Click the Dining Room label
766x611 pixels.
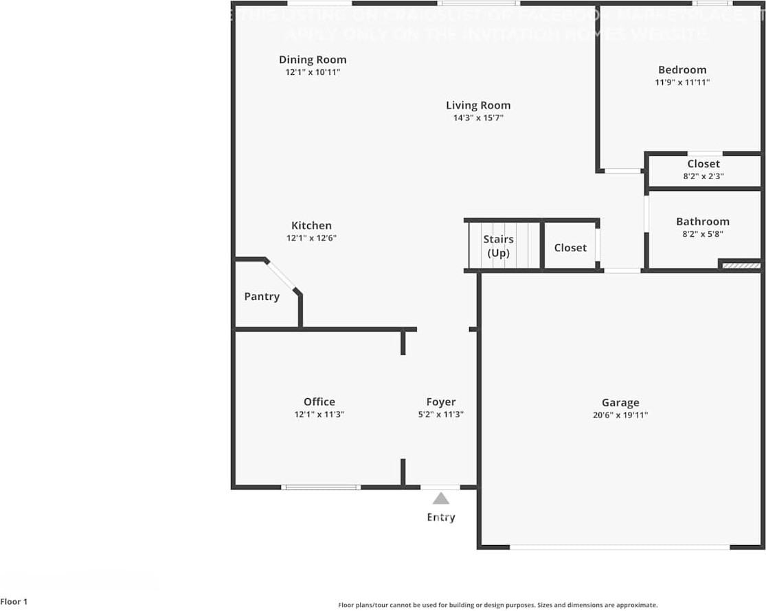[313, 60]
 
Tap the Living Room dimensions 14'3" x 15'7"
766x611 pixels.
[478, 118]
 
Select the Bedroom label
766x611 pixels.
[681, 69]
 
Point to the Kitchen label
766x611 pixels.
[311, 225]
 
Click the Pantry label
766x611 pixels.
[262, 297]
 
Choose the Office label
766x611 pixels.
[319, 402]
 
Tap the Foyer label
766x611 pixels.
[440, 402]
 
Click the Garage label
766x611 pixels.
[620, 402]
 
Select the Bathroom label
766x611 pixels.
[702, 221]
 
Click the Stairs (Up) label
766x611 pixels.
[498, 246]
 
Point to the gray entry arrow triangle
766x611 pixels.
[440, 499]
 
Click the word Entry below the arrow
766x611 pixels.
[440, 517]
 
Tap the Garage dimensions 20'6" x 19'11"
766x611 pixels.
[620, 415]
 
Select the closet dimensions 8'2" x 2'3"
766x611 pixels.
[703, 176]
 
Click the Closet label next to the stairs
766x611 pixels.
[570, 247]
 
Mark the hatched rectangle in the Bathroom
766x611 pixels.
[741, 265]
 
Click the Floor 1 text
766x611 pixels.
[14, 602]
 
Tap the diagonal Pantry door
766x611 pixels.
[281, 276]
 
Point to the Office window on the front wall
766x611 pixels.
[321, 487]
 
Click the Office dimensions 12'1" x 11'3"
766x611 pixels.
[319, 415]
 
